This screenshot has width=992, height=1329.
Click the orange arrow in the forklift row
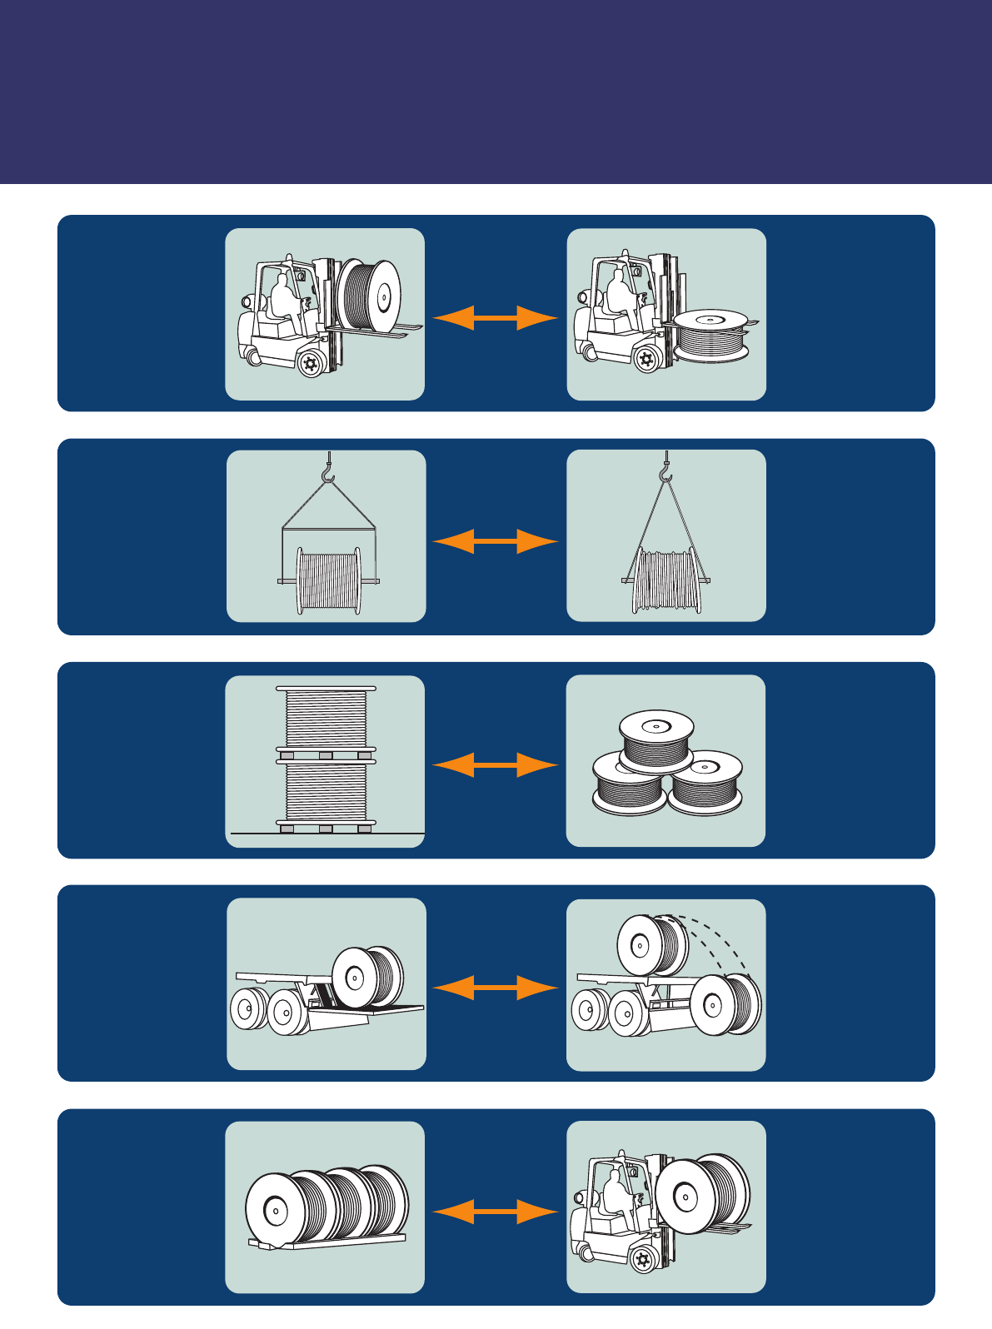tap(495, 317)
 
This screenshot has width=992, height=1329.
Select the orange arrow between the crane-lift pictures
tap(495, 541)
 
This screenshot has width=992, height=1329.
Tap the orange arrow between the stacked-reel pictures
tap(495, 764)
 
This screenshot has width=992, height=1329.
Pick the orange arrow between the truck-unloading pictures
tap(495, 988)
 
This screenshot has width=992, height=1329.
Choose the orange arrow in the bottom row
tap(495, 1211)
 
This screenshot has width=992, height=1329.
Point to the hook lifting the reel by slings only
tap(665, 473)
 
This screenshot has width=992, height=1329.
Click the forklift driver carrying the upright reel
tap(285, 295)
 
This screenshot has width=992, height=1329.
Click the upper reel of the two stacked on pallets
tap(326, 718)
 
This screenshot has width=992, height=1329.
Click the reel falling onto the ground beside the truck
tap(725, 1004)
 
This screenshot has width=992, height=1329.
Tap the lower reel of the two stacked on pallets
tap(326, 795)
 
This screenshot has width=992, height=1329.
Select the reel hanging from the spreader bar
tap(329, 580)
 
